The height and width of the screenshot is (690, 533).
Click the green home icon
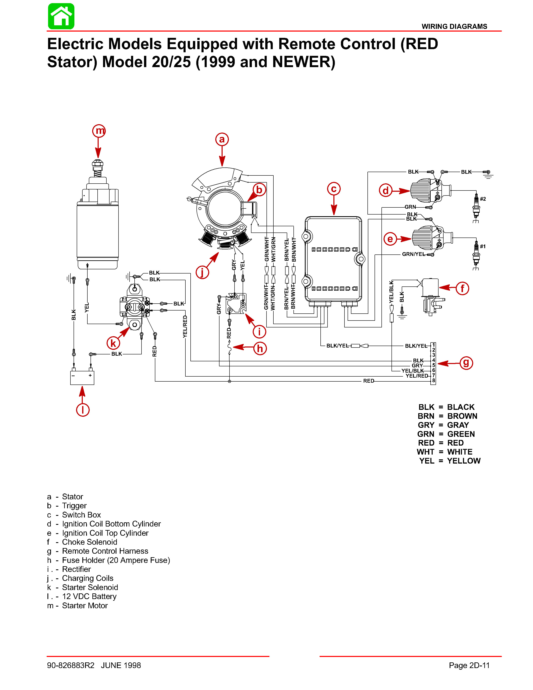tap(61, 17)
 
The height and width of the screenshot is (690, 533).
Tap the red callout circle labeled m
tap(99, 130)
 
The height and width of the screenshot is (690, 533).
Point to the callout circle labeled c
tap(334, 189)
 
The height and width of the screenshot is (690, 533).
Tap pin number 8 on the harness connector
tap(434, 381)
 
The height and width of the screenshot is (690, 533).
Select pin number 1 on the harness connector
tap(434, 345)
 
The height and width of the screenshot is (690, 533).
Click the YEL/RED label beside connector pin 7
tap(417, 376)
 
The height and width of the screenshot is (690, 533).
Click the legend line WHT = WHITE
tap(444, 452)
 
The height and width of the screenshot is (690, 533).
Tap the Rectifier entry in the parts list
tap(76, 569)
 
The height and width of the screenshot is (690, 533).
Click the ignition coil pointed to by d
tap(430, 190)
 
